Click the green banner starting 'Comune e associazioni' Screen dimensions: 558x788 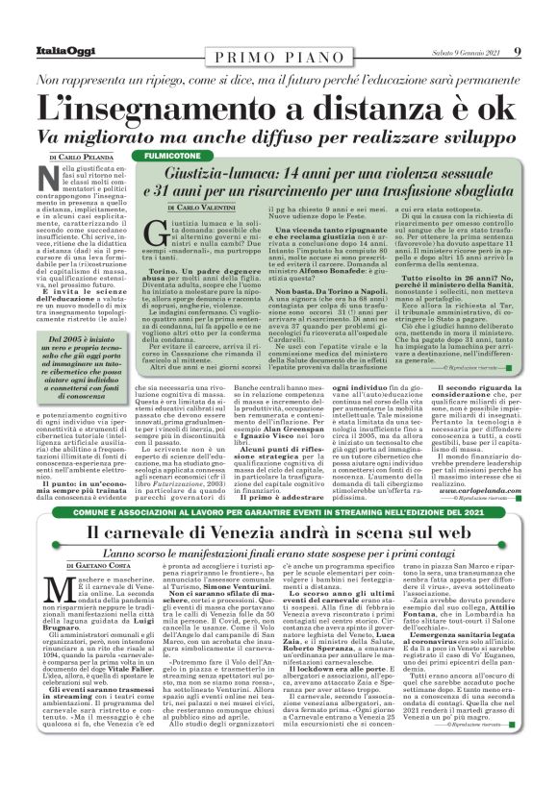click(279, 513)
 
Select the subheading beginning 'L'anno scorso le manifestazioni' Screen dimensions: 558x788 click(279, 553)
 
